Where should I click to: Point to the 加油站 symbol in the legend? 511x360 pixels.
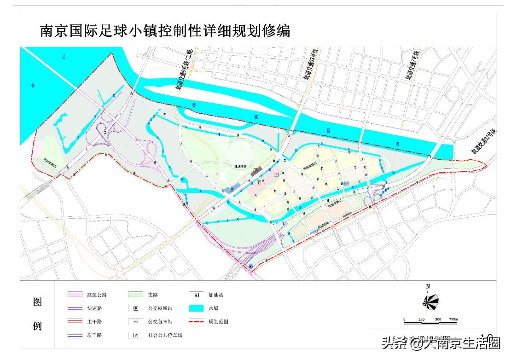point(196,295)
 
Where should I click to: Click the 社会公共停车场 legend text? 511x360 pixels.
point(165,335)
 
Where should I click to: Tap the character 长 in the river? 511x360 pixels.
point(32,85)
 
